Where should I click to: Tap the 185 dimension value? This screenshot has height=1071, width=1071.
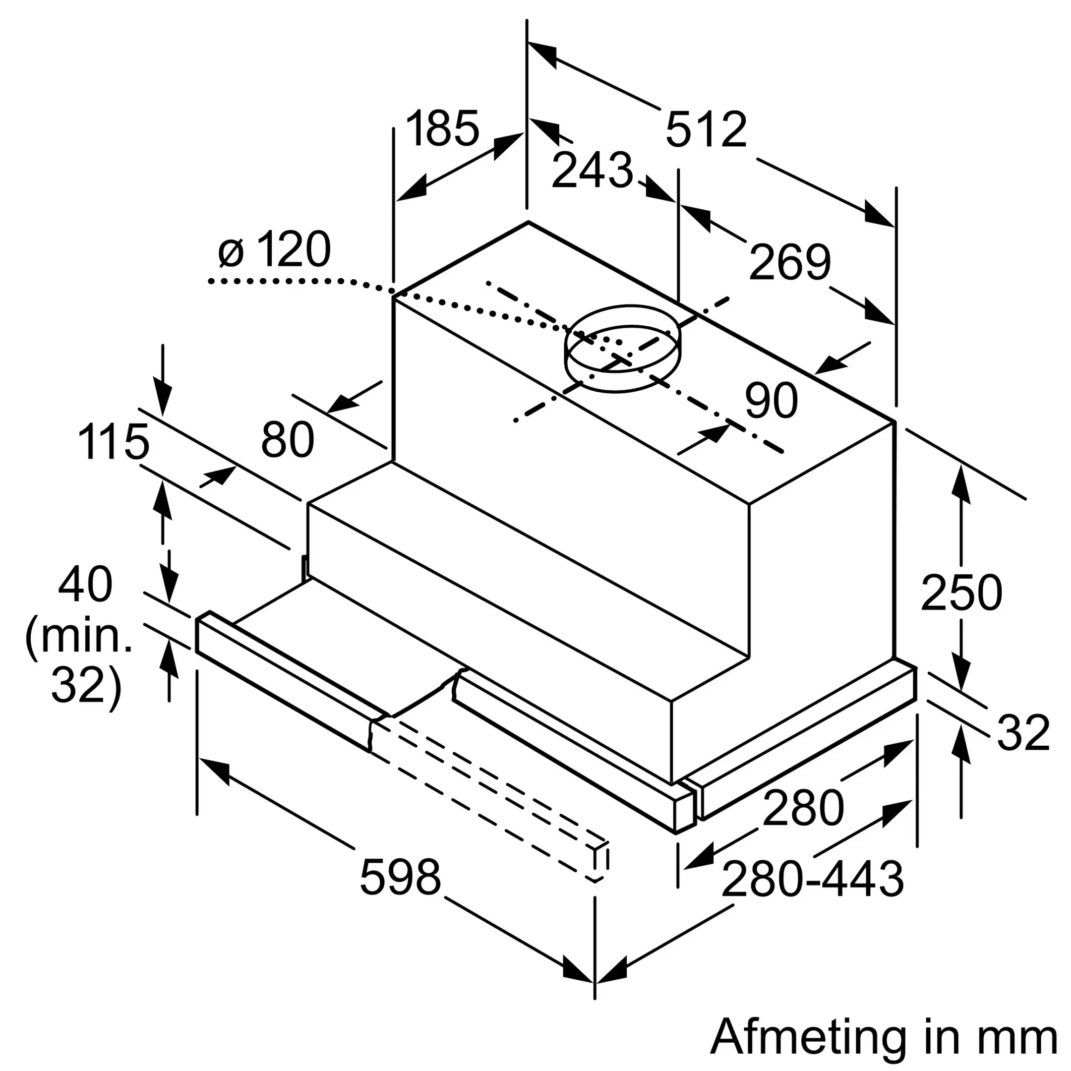click(x=442, y=128)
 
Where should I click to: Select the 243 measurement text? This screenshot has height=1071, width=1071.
click(x=592, y=170)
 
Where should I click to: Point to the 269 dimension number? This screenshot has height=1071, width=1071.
click(x=789, y=262)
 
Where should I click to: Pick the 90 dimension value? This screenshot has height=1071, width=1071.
click(x=771, y=400)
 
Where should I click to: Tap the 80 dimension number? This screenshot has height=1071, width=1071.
click(x=288, y=440)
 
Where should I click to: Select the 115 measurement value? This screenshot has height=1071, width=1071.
click(x=114, y=442)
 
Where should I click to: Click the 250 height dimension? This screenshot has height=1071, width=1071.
click(x=961, y=593)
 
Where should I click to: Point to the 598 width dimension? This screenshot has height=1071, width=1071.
click(x=400, y=877)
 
